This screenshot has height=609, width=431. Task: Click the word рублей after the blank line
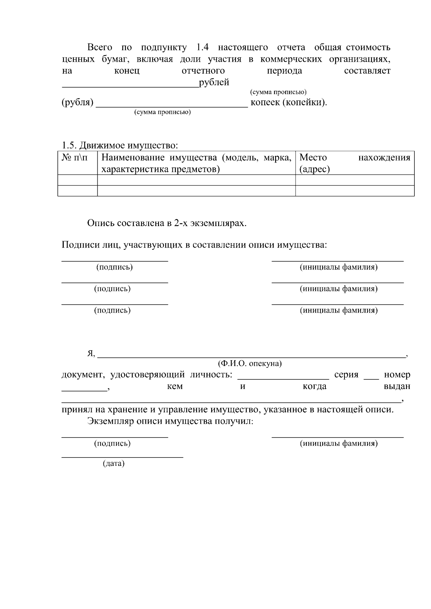214,83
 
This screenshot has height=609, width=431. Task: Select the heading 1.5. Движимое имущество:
120,145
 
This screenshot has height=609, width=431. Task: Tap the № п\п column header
75,158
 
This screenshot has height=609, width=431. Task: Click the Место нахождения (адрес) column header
354,163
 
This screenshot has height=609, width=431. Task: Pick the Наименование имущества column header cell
196,163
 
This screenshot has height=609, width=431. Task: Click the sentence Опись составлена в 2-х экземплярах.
167,223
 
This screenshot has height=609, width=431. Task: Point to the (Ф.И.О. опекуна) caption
250,364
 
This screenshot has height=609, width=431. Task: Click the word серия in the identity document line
346,375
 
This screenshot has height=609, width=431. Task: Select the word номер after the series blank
397,375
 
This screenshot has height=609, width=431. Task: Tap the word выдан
397,387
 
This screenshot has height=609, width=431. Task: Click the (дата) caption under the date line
113,464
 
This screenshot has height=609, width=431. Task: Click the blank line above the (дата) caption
122,457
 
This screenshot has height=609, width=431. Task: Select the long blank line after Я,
251,357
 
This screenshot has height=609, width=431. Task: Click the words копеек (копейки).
289,103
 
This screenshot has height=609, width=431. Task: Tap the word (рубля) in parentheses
77,103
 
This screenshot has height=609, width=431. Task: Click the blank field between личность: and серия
283,378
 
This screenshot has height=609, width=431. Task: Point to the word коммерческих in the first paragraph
291,59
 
